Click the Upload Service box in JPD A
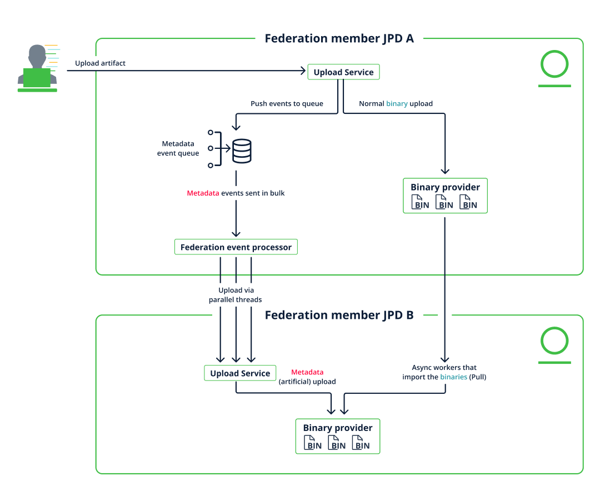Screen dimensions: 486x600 343,72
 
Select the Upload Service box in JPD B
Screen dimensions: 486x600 240,373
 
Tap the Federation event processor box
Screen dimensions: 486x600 236,247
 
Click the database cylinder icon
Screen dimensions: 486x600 241,151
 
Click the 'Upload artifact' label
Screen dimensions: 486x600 100,63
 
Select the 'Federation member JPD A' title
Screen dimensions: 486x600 339,38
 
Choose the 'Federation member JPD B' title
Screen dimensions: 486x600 339,315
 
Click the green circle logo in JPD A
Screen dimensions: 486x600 554,65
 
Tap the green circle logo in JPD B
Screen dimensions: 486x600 554,342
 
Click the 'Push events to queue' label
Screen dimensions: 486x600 287,104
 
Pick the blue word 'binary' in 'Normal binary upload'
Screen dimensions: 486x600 397,104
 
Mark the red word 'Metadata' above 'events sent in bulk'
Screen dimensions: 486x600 203,193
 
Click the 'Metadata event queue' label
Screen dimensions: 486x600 178,148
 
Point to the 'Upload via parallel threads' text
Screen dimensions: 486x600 236,295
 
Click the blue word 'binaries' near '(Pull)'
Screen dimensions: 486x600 453,377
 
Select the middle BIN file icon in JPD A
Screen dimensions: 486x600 444,202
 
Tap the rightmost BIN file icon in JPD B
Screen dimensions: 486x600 361,443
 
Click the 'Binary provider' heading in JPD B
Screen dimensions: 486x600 338,428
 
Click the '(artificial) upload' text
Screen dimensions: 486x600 307,382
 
